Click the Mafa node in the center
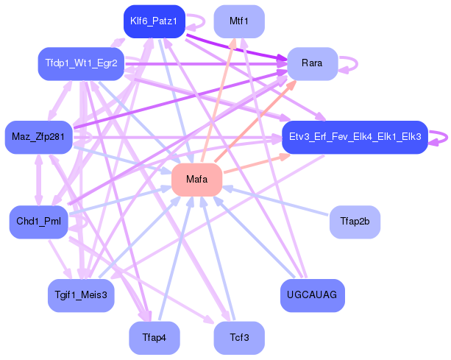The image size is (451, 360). coord(196,180)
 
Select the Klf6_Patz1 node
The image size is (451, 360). coord(153,21)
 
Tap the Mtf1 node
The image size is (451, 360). coord(238,21)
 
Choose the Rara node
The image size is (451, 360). coord(312,64)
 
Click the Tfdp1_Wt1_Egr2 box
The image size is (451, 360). coord(81,64)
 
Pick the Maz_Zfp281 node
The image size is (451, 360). coord(38,137)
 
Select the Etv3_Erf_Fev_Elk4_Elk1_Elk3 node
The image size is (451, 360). coord(355,137)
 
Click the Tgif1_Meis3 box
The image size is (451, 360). coord(81,295)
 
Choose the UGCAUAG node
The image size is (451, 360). coord(312,295)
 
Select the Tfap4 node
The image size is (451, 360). coord(153,338)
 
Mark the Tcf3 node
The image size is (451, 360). coord(238,338)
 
